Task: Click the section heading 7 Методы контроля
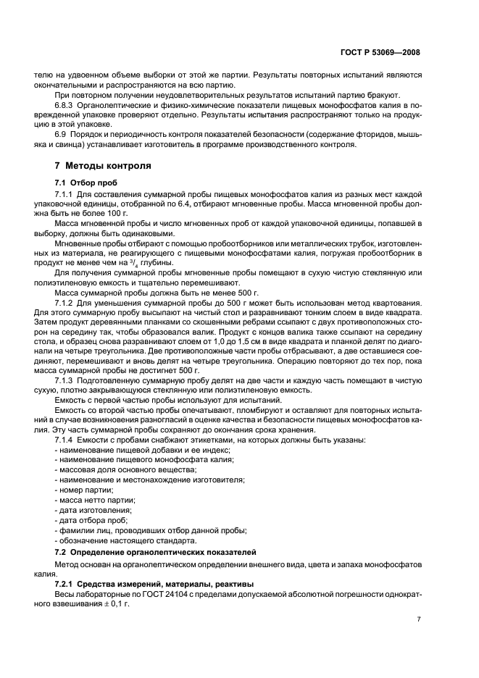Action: pyautogui.click(x=99, y=166)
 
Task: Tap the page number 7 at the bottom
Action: pyautogui.click(x=419, y=619)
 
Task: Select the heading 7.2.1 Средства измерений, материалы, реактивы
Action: pyautogui.click(x=139, y=582)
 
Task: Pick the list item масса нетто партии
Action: pyautogui.click(x=96, y=500)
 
